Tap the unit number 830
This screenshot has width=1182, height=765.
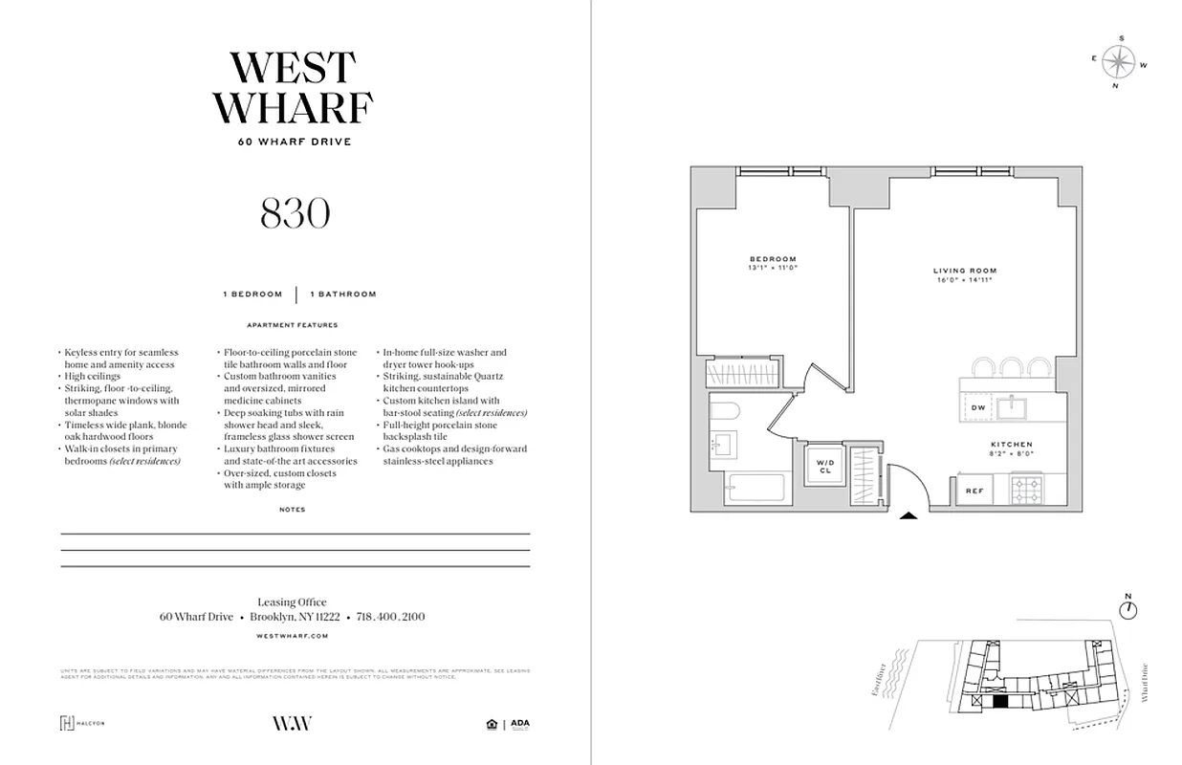pyautogui.click(x=295, y=214)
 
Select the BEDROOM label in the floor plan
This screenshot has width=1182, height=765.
pyautogui.click(x=773, y=263)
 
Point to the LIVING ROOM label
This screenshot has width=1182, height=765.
pyautogui.click(x=965, y=274)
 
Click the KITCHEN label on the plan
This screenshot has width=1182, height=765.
pyautogui.click(x=1011, y=448)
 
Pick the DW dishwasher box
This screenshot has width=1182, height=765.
pyautogui.click(x=977, y=408)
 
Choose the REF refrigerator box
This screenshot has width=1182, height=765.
pyautogui.click(x=974, y=491)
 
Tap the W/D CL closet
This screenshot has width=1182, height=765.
pyautogui.click(x=824, y=468)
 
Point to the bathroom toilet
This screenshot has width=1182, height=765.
pyautogui.click(x=723, y=412)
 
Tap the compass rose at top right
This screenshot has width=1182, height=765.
pyautogui.click(x=1117, y=62)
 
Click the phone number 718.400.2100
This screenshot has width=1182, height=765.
pyautogui.click(x=391, y=618)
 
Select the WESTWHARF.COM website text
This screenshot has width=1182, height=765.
pyautogui.click(x=293, y=635)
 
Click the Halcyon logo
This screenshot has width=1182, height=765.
pyautogui.click(x=83, y=723)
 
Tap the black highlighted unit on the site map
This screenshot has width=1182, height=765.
pyautogui.click(x=999, y=701)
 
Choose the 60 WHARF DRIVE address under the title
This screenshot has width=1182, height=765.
pyautogui.click(x=295, y=142)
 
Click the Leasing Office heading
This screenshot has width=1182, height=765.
pyautogui.click(x=293, y=602)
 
